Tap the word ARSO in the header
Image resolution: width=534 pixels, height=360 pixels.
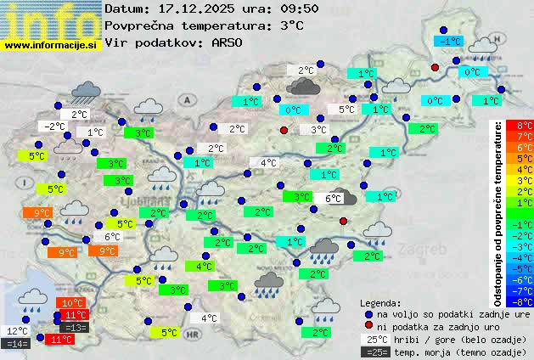pyautogui.click(x=228, y=42)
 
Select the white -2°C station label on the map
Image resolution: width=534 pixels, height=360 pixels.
pyautogui.click(x=54, y=127)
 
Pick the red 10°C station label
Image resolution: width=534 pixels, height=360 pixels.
pyautogui.click(x=72, y=303)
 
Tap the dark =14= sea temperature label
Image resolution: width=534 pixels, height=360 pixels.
pyautogui.click(x=17, y=344)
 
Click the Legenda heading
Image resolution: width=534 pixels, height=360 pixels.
pyautogui.click(x=380, y=303)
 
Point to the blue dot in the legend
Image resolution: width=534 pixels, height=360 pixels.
pyautogui.click(x=368, y=314)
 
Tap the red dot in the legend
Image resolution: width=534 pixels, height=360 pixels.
pyautogui.click(x=368, y=326)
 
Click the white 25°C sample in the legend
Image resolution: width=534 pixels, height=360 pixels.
pyautogui.click(x=375, y=339)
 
